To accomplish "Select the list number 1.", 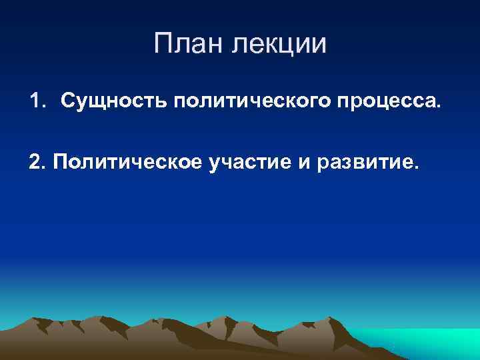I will (x=35, y=101).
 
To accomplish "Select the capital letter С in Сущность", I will (x=68, y=102).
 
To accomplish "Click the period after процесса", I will (x=438, y=106).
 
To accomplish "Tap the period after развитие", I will (x=418, y=169).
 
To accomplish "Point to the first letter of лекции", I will (x=238, y=45).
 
